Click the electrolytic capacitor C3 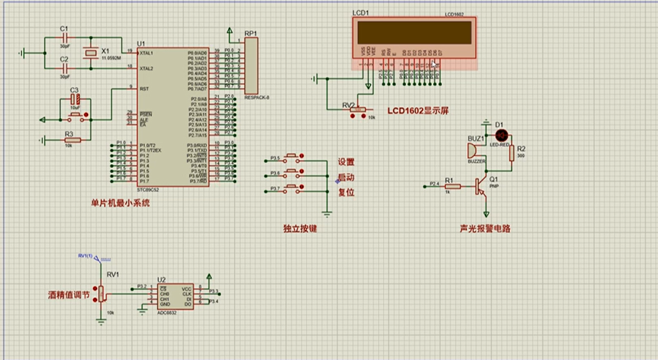(x=75, y=99)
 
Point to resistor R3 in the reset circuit (x=72, y=139)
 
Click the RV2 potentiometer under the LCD (x=357, y=111)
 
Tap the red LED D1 (x=500, y=135)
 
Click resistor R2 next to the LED (x=512, y=153)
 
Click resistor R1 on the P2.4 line (x=452, y=186)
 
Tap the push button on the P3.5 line (x=292, y=158)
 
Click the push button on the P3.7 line (x=292, y=189)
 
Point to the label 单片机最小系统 (x=120, y=202)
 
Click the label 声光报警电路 (x=484, y=228)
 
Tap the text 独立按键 (x=300, y=228)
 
